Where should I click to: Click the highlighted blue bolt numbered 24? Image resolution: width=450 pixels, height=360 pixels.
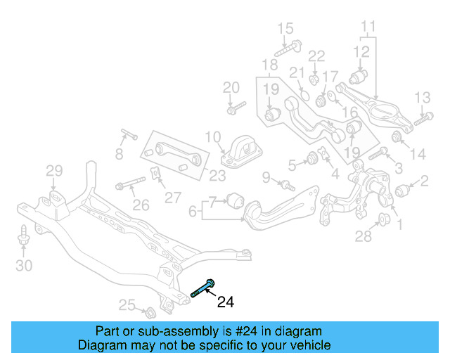tap(203, 289)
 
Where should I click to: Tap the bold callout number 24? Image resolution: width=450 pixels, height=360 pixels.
tap(225, 302)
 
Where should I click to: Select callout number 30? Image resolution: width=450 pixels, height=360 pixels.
tap(24, 265)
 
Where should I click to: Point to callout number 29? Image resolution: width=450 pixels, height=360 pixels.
tap(55, 170)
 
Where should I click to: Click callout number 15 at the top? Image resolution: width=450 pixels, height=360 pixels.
tap(285, 28)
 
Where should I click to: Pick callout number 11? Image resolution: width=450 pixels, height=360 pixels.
tap(369, 28)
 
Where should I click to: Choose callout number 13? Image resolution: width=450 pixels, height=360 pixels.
tap(422, 97)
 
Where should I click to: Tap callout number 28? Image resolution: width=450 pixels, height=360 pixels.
tap(363, 237)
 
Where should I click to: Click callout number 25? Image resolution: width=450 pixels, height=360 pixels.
tap(127, 304)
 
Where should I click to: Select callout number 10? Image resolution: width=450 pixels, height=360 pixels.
tap(213, 136)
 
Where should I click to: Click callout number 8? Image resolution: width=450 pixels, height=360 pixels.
tap(119, 153)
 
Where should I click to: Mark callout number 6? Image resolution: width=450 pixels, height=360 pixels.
tap(193, 210)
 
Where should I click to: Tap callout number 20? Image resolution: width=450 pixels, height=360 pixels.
tap(231, 87)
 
